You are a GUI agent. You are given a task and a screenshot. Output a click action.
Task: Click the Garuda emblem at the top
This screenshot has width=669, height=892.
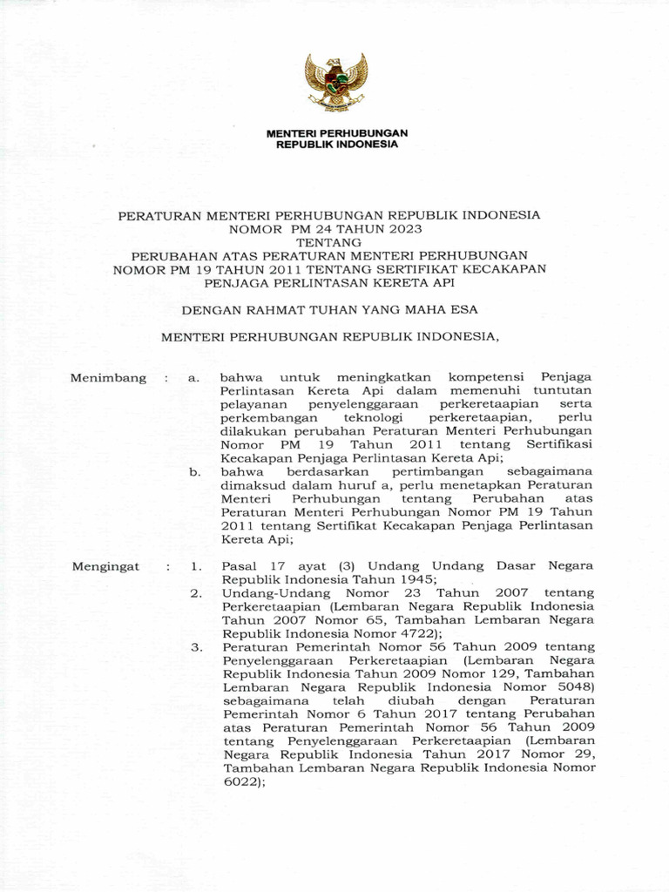coord(335,81)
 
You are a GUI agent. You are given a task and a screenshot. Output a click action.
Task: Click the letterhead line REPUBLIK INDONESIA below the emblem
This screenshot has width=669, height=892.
coord(335,145)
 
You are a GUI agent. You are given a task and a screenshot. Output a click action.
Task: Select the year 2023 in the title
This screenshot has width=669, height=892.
coord(405,229)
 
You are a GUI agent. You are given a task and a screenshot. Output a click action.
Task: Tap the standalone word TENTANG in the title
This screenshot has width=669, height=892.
coord(335,242)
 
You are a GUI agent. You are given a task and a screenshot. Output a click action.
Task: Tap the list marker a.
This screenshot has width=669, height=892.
coord(194,378)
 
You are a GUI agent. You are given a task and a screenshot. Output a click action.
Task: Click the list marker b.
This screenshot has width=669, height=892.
coord(194,472)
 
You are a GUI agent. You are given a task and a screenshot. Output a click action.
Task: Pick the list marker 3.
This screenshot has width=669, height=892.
coord(196,647)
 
